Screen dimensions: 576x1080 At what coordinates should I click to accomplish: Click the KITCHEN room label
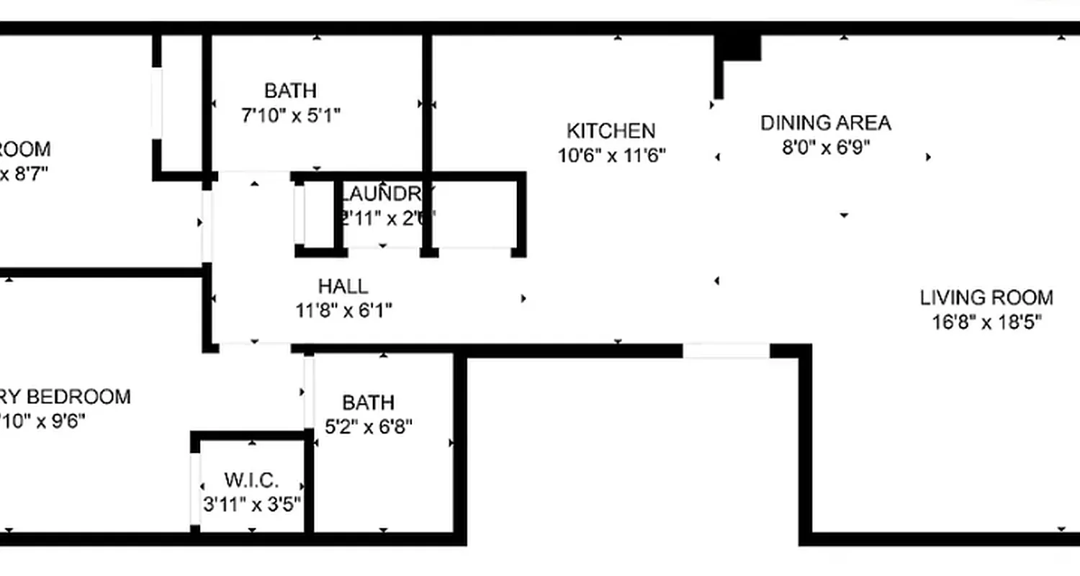(x=611, y=131)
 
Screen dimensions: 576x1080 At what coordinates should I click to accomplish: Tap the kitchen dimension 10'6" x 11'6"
(x=612, y=155)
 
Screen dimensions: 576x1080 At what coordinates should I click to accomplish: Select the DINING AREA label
(x=826, y=123)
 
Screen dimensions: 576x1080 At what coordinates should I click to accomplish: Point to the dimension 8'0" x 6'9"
(x=827, y=147)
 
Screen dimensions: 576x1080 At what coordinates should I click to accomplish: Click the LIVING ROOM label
(x=986, y=297)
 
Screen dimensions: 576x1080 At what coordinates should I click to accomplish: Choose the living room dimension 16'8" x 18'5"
(x=987, y=322)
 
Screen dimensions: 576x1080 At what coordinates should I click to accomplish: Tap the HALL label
(x=343, y=287)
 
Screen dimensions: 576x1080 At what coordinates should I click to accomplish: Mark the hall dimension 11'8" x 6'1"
(x=344, y=310)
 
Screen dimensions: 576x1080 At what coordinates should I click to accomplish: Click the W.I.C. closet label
(x=251, y=480)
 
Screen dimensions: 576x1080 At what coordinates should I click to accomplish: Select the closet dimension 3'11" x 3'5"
(x=251, y=504)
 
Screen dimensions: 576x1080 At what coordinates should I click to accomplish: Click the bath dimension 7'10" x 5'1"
(x=290, y=115)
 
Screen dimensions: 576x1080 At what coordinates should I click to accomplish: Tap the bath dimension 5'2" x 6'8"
(x=369, y=427)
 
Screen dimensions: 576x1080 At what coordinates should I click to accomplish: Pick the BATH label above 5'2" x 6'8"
(x=368, y=402)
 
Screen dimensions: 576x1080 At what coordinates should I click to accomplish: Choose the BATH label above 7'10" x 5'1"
(x=290, y=91)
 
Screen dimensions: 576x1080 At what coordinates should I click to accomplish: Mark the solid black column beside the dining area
(x=737, y=48)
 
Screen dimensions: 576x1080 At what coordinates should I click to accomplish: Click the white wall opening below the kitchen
(x=726, y=351)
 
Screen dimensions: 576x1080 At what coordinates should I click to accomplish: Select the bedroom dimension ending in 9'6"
(x=43, y=420)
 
